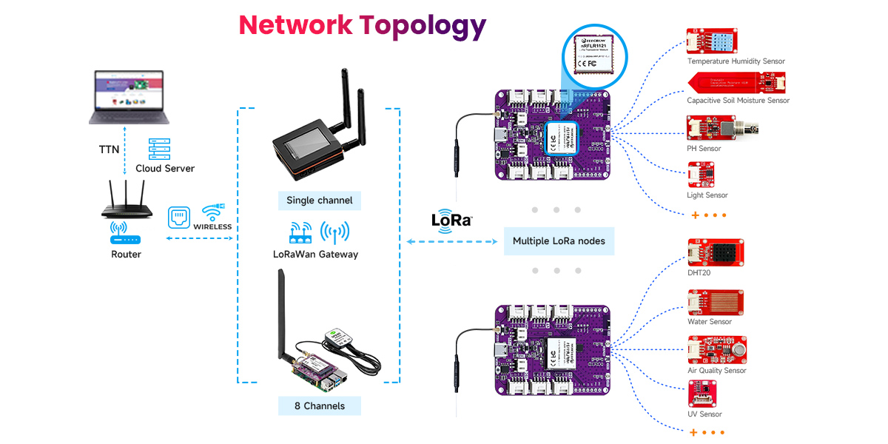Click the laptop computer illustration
(x=129, y=97)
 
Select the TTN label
(x=109, y=149)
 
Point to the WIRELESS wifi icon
(x=213, y=212)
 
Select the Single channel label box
(x=319, y=201)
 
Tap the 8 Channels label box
(x=319, y=406)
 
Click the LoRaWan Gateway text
(x=315, y=255)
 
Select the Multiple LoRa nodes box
(x=559, y=241)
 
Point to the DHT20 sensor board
(x=715, y=252)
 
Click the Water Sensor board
(x=715, y=302)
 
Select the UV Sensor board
(x=703, y=394)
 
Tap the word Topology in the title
(x=423, y=25)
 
